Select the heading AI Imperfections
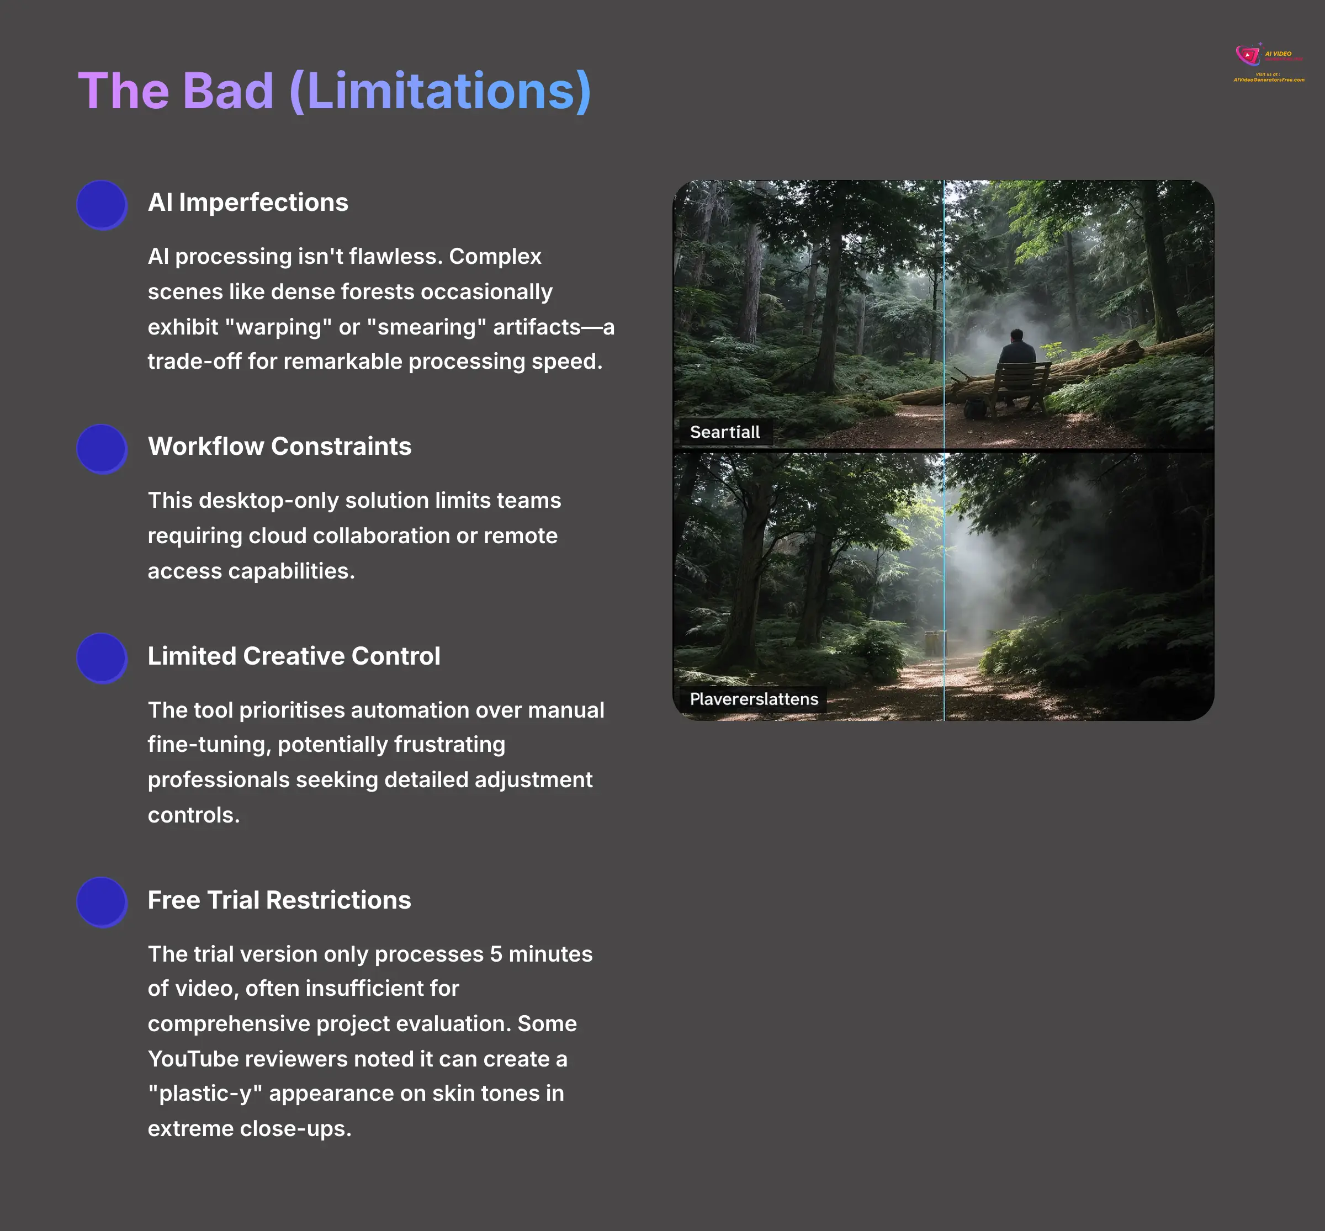click(x=248, y=203)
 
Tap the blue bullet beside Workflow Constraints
click(x=101, y=448)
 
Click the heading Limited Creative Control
click(x=294, y=656)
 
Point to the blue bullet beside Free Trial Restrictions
click(x=101, y=901)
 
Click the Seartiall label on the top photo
click(x=725, y=432)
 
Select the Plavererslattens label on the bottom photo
click(x=754, y=699)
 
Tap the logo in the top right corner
click(x=1268, y=62)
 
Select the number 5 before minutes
click(x=496, y=954)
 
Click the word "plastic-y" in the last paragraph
click(x=205, y=1094)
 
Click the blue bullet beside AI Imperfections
click(x=101, y=204)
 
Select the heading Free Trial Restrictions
click(x=279, y=900)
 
